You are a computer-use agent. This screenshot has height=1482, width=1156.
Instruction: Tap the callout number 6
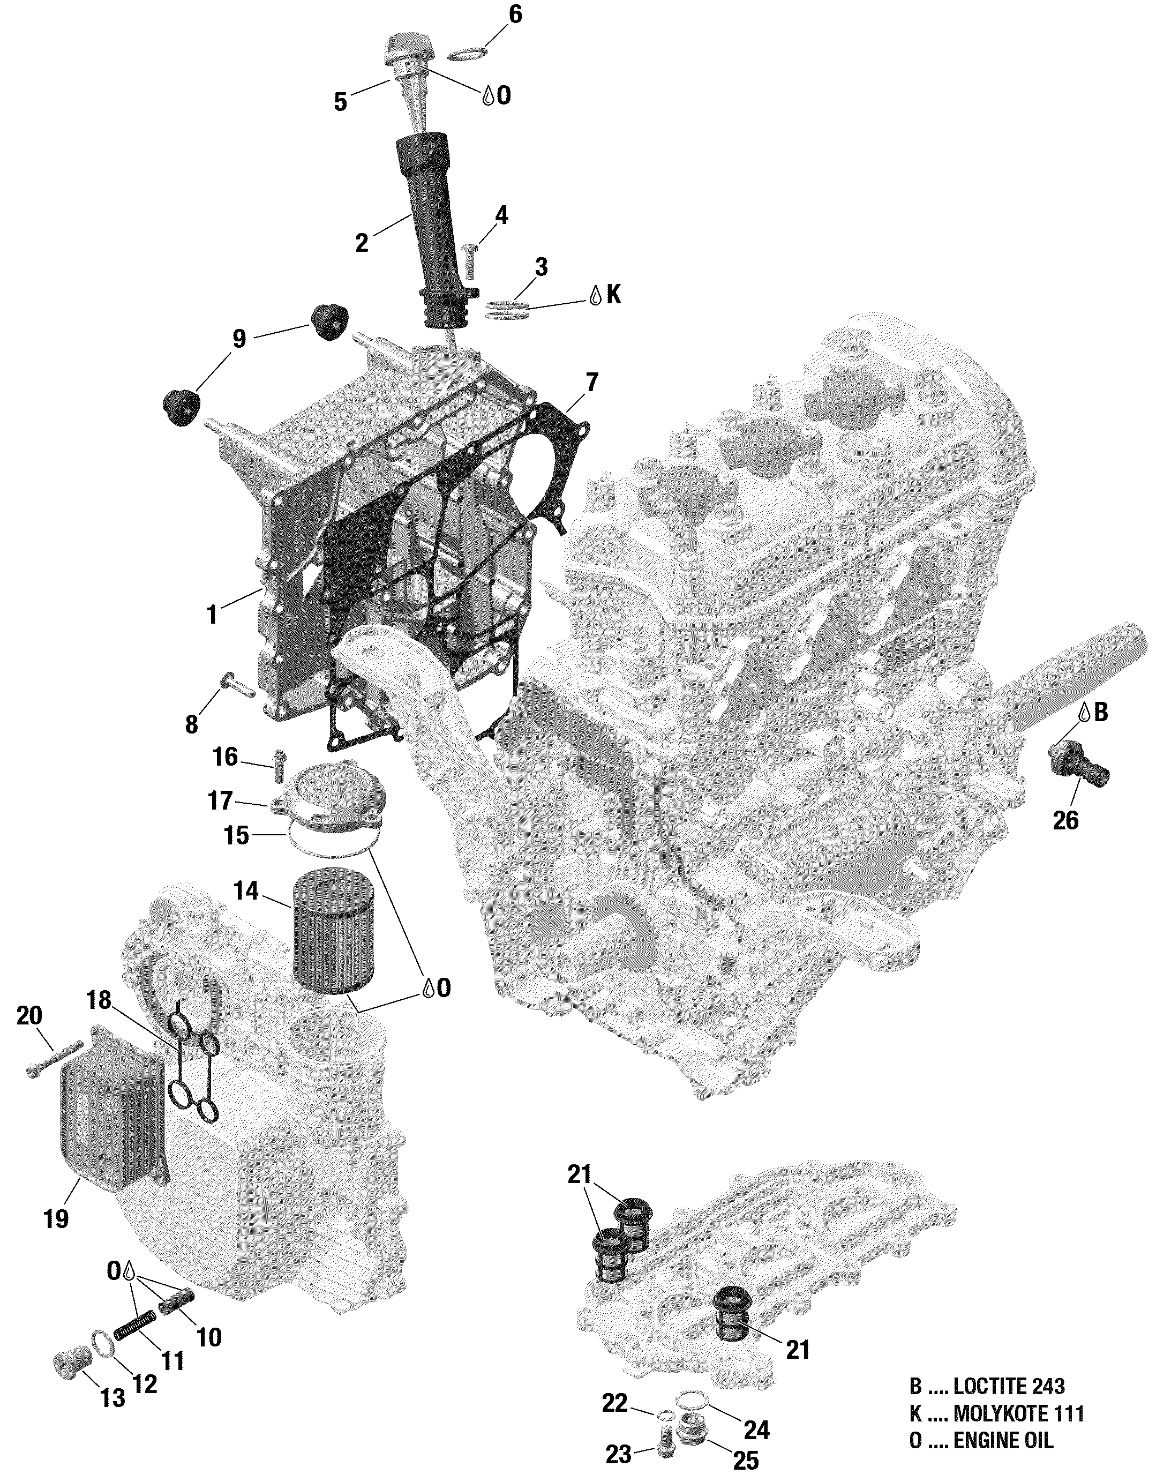coord(515,14)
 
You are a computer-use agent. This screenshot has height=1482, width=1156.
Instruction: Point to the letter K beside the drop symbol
coord(613,295)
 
